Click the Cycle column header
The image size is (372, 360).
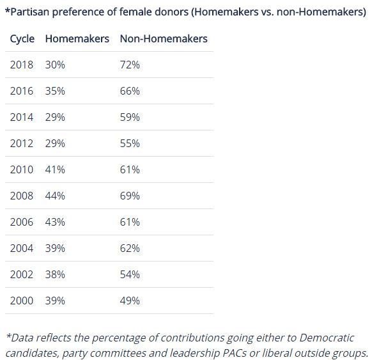[22, 39]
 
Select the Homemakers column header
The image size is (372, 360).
[77, 38]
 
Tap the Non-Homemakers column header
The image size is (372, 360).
[164, 38]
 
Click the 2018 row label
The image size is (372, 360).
[22, 65]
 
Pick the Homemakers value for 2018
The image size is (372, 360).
[55, 65]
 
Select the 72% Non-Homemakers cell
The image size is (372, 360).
[130, 65]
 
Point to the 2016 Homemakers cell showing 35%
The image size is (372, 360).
[55, 91]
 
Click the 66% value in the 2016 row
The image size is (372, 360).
[130, 91]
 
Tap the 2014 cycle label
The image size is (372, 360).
[22, 117]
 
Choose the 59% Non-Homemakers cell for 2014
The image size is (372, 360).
[130, 117]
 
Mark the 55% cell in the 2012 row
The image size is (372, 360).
[130, 143]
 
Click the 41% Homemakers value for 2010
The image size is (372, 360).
[55, 169]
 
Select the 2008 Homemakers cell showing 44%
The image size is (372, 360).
[55, 196]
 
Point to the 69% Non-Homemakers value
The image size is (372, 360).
[130, 196]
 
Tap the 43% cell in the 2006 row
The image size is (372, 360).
[55, 222]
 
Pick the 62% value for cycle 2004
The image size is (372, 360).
[130, 248]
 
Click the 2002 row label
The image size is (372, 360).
[22, 274]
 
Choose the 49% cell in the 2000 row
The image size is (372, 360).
[130, 301]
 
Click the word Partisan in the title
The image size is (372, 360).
[29, 12]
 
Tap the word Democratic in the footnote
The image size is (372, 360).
[327, 338]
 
